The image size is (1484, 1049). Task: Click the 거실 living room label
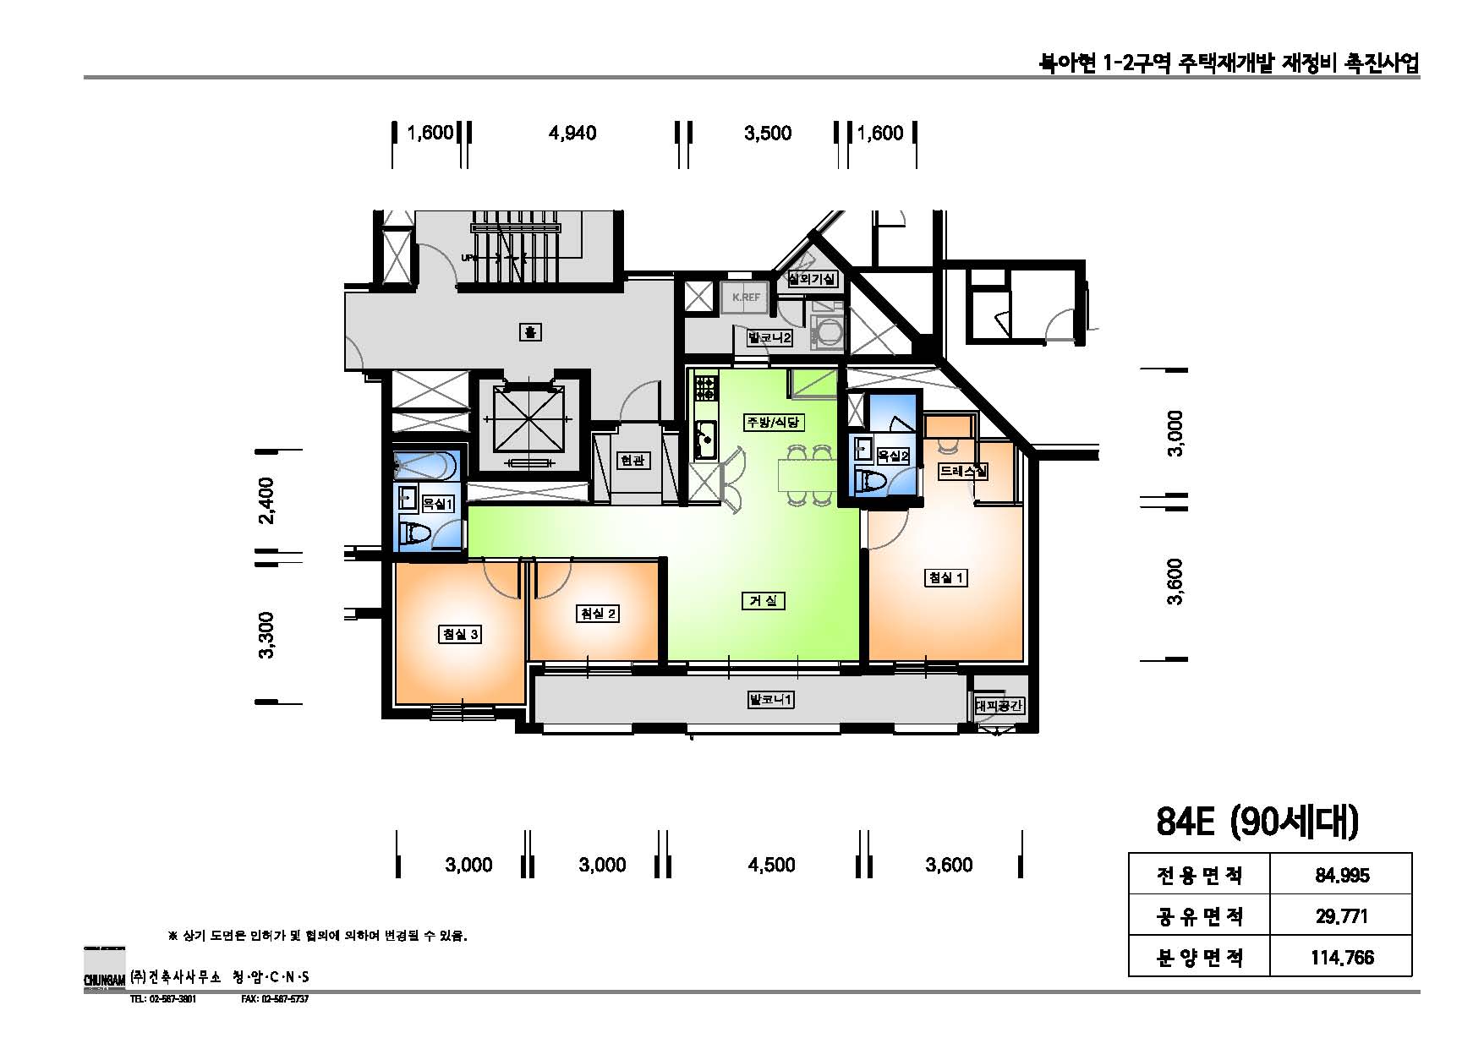point(763,600)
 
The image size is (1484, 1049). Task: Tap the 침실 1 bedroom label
point(946,577)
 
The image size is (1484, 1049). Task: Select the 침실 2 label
point(597,614)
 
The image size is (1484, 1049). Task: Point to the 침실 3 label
point(460,634)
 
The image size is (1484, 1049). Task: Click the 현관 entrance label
point(632,460)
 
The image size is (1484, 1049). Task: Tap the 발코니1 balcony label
point(770,700)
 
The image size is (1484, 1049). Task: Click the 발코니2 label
point(769,338)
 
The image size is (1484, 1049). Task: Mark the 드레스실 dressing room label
point(963,472)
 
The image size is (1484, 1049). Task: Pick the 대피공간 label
point(999,705)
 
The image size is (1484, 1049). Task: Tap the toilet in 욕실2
point(871,483)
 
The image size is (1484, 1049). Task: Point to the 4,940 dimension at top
point(572,134)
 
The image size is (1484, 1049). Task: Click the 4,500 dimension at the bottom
point(771,865)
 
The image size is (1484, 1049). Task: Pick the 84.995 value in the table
point(1342,876)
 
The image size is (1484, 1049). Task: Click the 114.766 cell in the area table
point(1342,958)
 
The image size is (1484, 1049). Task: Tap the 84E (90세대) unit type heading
point(1257,821)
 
